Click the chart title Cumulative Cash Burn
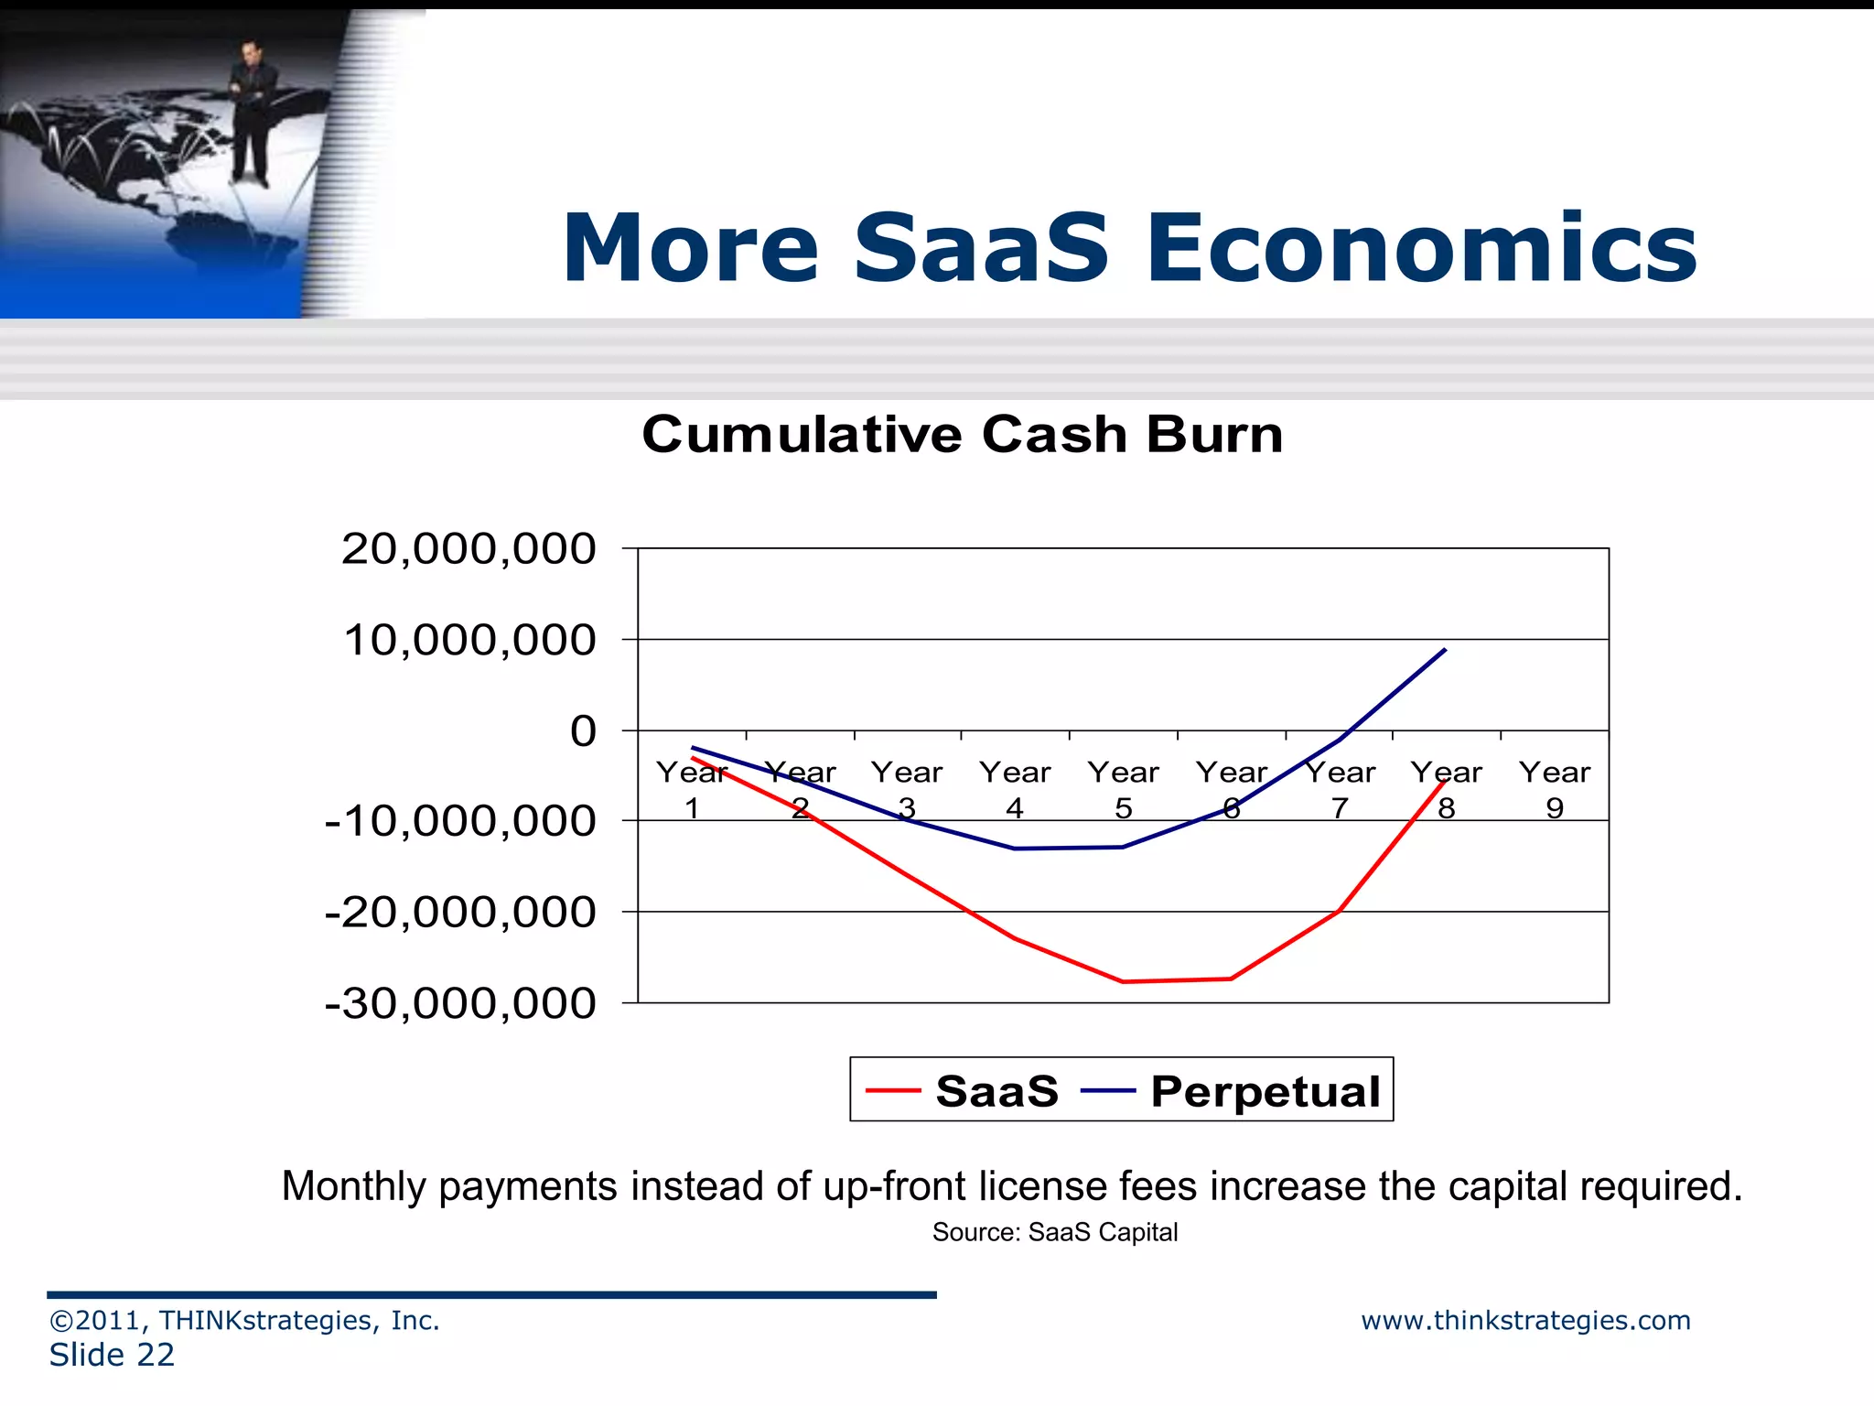click(x=962, y=434)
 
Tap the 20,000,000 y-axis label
click(x=468, y=549)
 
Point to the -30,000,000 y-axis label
click(x=459, y=1003)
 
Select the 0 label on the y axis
click(x=582, y=731)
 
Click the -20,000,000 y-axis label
click(x=459, y=913)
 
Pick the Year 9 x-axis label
click(x=1554, y=789)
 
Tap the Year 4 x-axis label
click(x=1014, y=789)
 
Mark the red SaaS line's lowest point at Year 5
click(x=1123, y=981)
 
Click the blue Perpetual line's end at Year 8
click(x=1445, y=650)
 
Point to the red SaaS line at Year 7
click(x=1339, y=911)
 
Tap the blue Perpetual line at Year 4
click(x=1015, y=849)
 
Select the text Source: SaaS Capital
click(x=1054, y=1232)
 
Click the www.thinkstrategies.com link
click(x=1524, y=1320)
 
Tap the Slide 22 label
click(x=112, y=1355)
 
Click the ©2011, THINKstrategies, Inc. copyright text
click(x=244, y=1320)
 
